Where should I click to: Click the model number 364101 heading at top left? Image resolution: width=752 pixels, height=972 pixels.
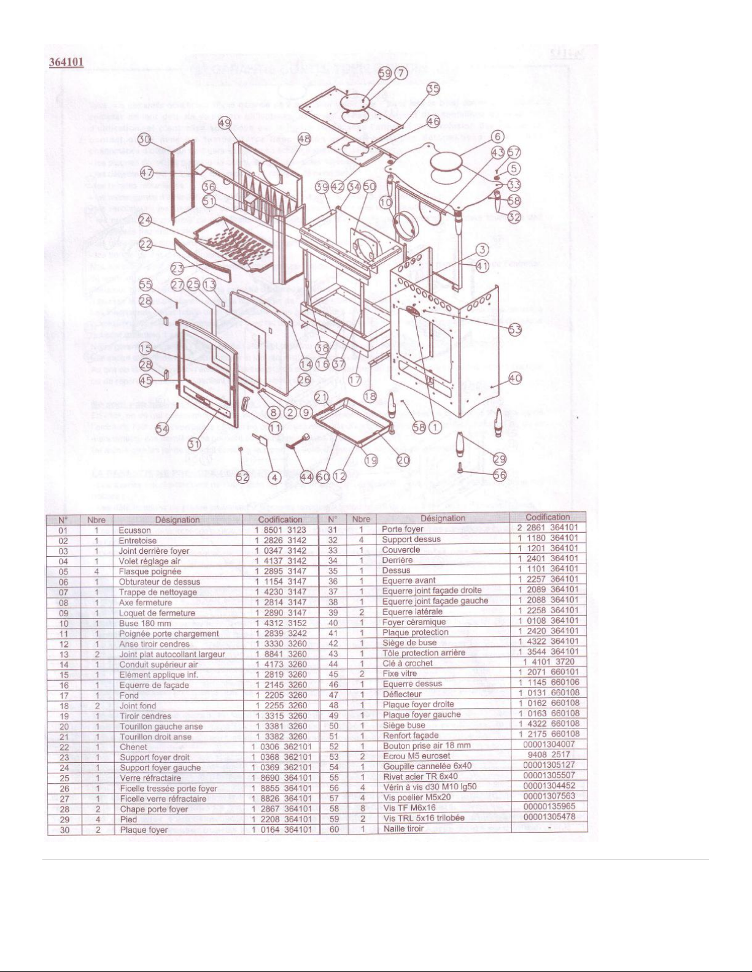[66, 63]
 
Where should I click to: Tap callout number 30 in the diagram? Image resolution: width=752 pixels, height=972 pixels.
[144, 140]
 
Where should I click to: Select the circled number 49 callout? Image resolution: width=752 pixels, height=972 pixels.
[225, 123]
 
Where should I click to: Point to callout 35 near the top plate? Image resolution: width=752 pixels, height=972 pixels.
[433, 89]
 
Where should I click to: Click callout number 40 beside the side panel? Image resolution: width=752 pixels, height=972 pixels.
[514, 378]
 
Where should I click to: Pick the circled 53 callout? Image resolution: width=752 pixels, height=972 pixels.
[514, 329]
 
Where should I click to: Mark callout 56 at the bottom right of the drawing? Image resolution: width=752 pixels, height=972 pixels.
[500, 475]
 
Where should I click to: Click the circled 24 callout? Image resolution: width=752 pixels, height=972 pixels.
[145, 220]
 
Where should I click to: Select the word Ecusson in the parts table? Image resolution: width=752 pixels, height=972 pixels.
[134, 530]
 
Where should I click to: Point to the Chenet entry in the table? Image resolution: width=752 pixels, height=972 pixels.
[133, 747]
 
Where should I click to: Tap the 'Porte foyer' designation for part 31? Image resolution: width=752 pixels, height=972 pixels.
[402, 529]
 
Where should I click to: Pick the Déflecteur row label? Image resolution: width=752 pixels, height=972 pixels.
[401, 694]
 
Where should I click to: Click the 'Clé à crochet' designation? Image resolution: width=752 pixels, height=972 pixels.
[407, 663]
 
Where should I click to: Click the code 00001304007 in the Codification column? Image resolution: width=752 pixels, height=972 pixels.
[549, 744]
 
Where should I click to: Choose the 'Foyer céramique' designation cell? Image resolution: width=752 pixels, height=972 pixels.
[414, 622]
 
